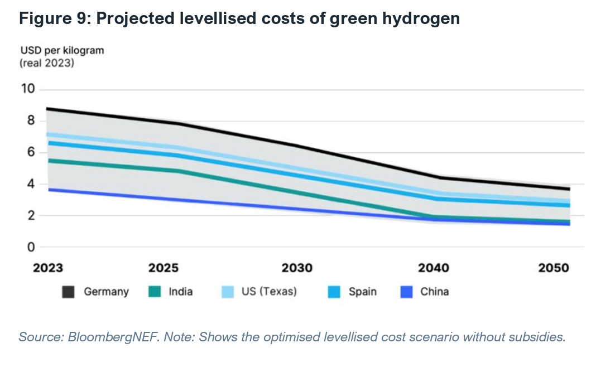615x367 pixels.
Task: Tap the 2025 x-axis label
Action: click(x=164, y=268)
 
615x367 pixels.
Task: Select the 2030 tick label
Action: click(x=297, y=268)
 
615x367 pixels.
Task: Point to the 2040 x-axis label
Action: click(x=434, y=268)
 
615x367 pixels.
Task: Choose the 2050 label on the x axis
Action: click(x=554, y=268)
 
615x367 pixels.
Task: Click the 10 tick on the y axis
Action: click(x=28, y=89)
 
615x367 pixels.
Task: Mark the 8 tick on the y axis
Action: click(x=31, y=121)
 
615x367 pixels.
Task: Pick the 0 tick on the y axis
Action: click(x=31, y=247)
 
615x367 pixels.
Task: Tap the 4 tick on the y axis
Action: click(x=31, y=184)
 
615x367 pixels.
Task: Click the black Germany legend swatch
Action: click(x=68, y=292)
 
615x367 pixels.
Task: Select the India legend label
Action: click(x=181, y=291)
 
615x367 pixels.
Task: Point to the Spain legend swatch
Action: click(x=334, y=292)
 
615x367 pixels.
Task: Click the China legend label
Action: click(x=434, y=291)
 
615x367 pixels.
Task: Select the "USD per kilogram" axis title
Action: click(x=61, y=51)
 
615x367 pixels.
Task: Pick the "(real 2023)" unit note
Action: click(x=47, y=63)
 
